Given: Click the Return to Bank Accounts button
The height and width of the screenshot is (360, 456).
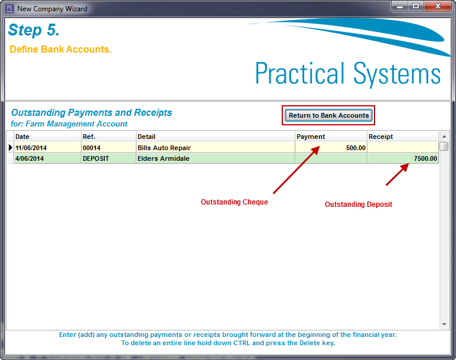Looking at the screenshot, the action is point(328,115).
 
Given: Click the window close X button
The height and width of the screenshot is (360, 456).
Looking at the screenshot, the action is point(438,6).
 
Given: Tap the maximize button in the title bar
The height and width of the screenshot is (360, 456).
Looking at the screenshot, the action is point(416,6).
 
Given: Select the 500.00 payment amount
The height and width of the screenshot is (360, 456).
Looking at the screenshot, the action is point(356,148).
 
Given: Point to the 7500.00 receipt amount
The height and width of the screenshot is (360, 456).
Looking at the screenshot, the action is point(425,158).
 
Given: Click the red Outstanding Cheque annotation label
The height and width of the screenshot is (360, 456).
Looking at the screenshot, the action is point(234,202).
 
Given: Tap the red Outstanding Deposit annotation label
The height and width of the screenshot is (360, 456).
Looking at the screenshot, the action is point(359,205).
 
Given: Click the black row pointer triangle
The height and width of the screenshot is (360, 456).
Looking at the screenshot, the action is point(11,148).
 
